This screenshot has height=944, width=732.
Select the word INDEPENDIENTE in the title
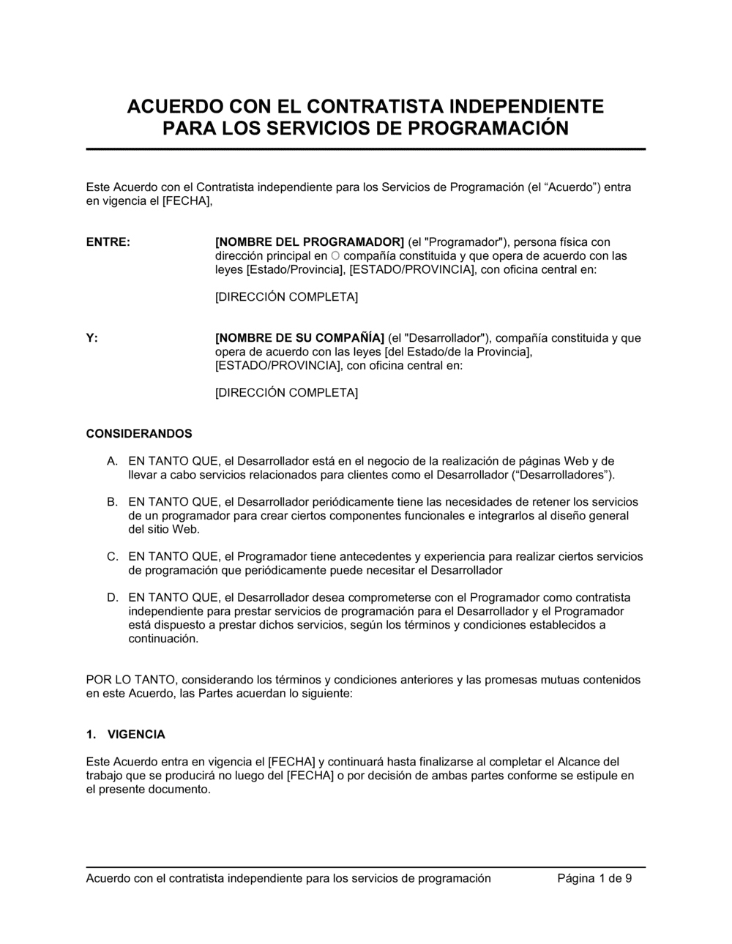click(x=529, y=107)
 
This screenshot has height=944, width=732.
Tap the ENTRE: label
click(x=108, y=242)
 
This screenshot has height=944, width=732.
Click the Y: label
click(x=92, y=338)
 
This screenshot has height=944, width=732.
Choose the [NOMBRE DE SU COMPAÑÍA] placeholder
click(x=299, y=338)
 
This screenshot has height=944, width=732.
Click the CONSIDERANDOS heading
click(x=139, y=434)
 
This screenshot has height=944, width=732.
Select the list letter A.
click(x=112, y=461)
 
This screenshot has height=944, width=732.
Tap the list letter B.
click(x=112, y=502)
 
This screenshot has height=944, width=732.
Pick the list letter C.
click(x=112, y=557)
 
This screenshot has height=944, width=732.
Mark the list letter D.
click(x=112, y=598)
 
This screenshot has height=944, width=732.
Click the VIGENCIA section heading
click(x=136, y=735)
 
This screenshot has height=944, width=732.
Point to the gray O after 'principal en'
click(x=335, y=256)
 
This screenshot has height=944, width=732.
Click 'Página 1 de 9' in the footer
click(x=594, y=878)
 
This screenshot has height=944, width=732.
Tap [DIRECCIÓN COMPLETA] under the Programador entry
click(x=286, y=297)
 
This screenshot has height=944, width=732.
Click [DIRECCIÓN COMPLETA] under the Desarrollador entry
click(x=286, y=393)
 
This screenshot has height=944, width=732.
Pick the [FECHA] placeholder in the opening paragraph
click(x=186, y=201)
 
